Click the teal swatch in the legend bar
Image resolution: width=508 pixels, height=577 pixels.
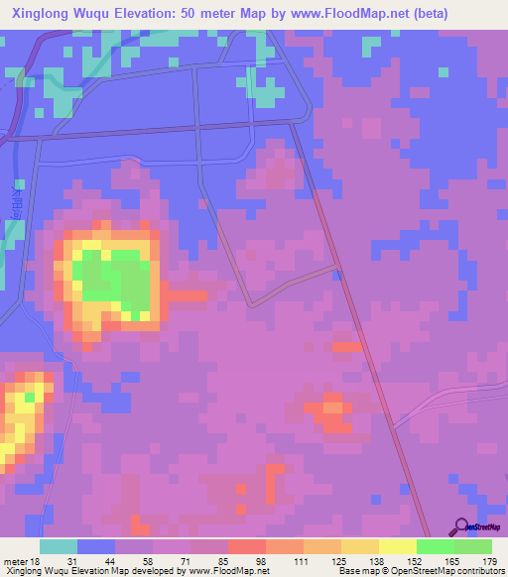click(58, 546)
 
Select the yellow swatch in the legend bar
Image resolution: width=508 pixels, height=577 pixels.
click(397, 546)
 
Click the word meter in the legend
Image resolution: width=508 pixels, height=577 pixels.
click(15, 561)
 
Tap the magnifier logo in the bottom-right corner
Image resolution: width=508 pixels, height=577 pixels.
click(461, 526)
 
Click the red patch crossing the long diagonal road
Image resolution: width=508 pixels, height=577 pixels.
click(347, 347)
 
